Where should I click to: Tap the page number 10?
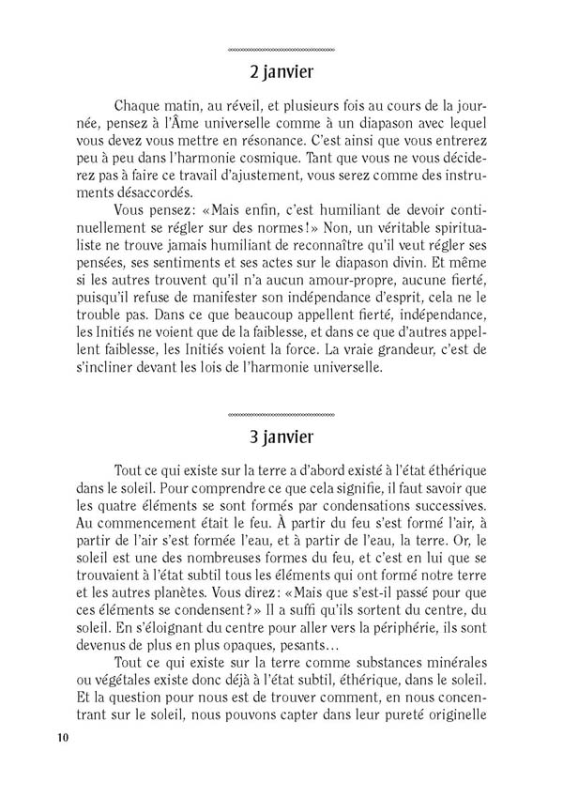tap(63, 736)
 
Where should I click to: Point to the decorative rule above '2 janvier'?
tap(281, 48)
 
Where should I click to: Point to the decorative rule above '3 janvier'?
tap(281, 413)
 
